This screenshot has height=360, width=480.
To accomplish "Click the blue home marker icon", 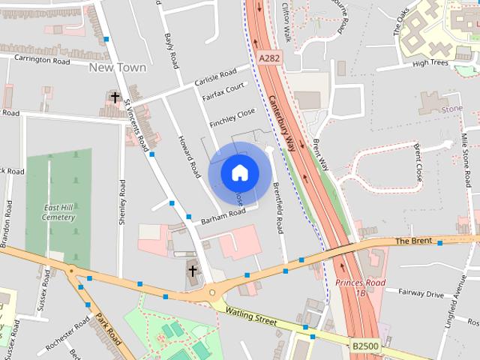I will tap(239, 172).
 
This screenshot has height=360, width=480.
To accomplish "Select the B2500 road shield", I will tap(364, 346).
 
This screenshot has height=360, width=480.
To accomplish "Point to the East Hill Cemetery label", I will tap(59, 212).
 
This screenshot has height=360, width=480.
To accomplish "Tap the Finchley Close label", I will tap(232, 117).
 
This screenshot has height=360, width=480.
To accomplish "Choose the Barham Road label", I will tap(223, 217).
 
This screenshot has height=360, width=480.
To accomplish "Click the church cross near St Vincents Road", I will tap(115, 97).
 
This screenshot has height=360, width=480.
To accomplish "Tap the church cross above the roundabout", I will tap(192, 271).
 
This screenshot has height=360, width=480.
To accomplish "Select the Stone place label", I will tap(452, 109).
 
